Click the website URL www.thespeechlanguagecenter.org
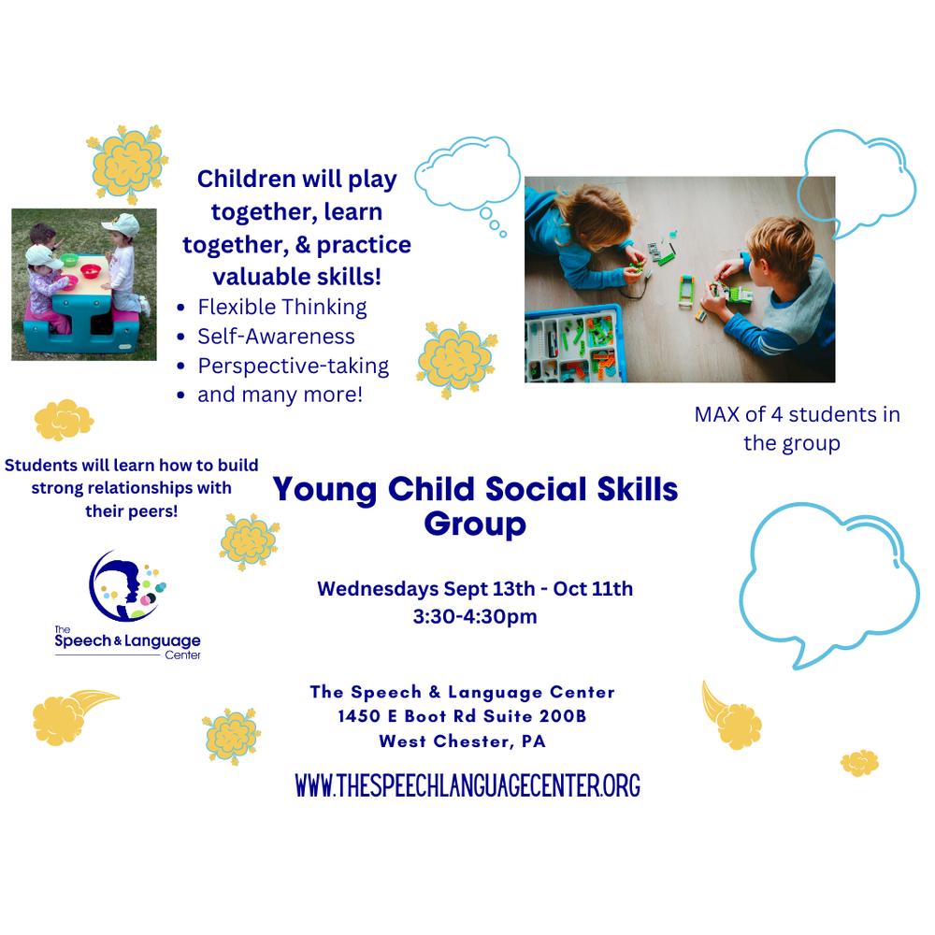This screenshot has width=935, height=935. click(x=467, y=785)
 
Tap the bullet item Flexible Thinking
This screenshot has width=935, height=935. click(x=282, y=307)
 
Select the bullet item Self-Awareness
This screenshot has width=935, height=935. click(x=276, y=336)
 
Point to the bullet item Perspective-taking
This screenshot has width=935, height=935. click(x=293, y=366)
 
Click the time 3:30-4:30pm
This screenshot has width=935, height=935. click(x=475, y=617)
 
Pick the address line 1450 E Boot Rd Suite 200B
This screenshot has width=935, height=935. click(x=463, y=717)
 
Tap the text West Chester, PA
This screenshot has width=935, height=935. click(x=462, y=741)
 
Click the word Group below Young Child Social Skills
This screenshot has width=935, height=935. click(x=475, y=524)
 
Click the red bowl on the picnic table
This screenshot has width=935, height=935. click(x=91, y=271)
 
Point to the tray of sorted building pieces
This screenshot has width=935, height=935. click(x=572, y=343)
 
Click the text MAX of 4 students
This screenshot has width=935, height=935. click(x=797, y=414)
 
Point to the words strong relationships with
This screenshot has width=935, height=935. click(x=131, y=488)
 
